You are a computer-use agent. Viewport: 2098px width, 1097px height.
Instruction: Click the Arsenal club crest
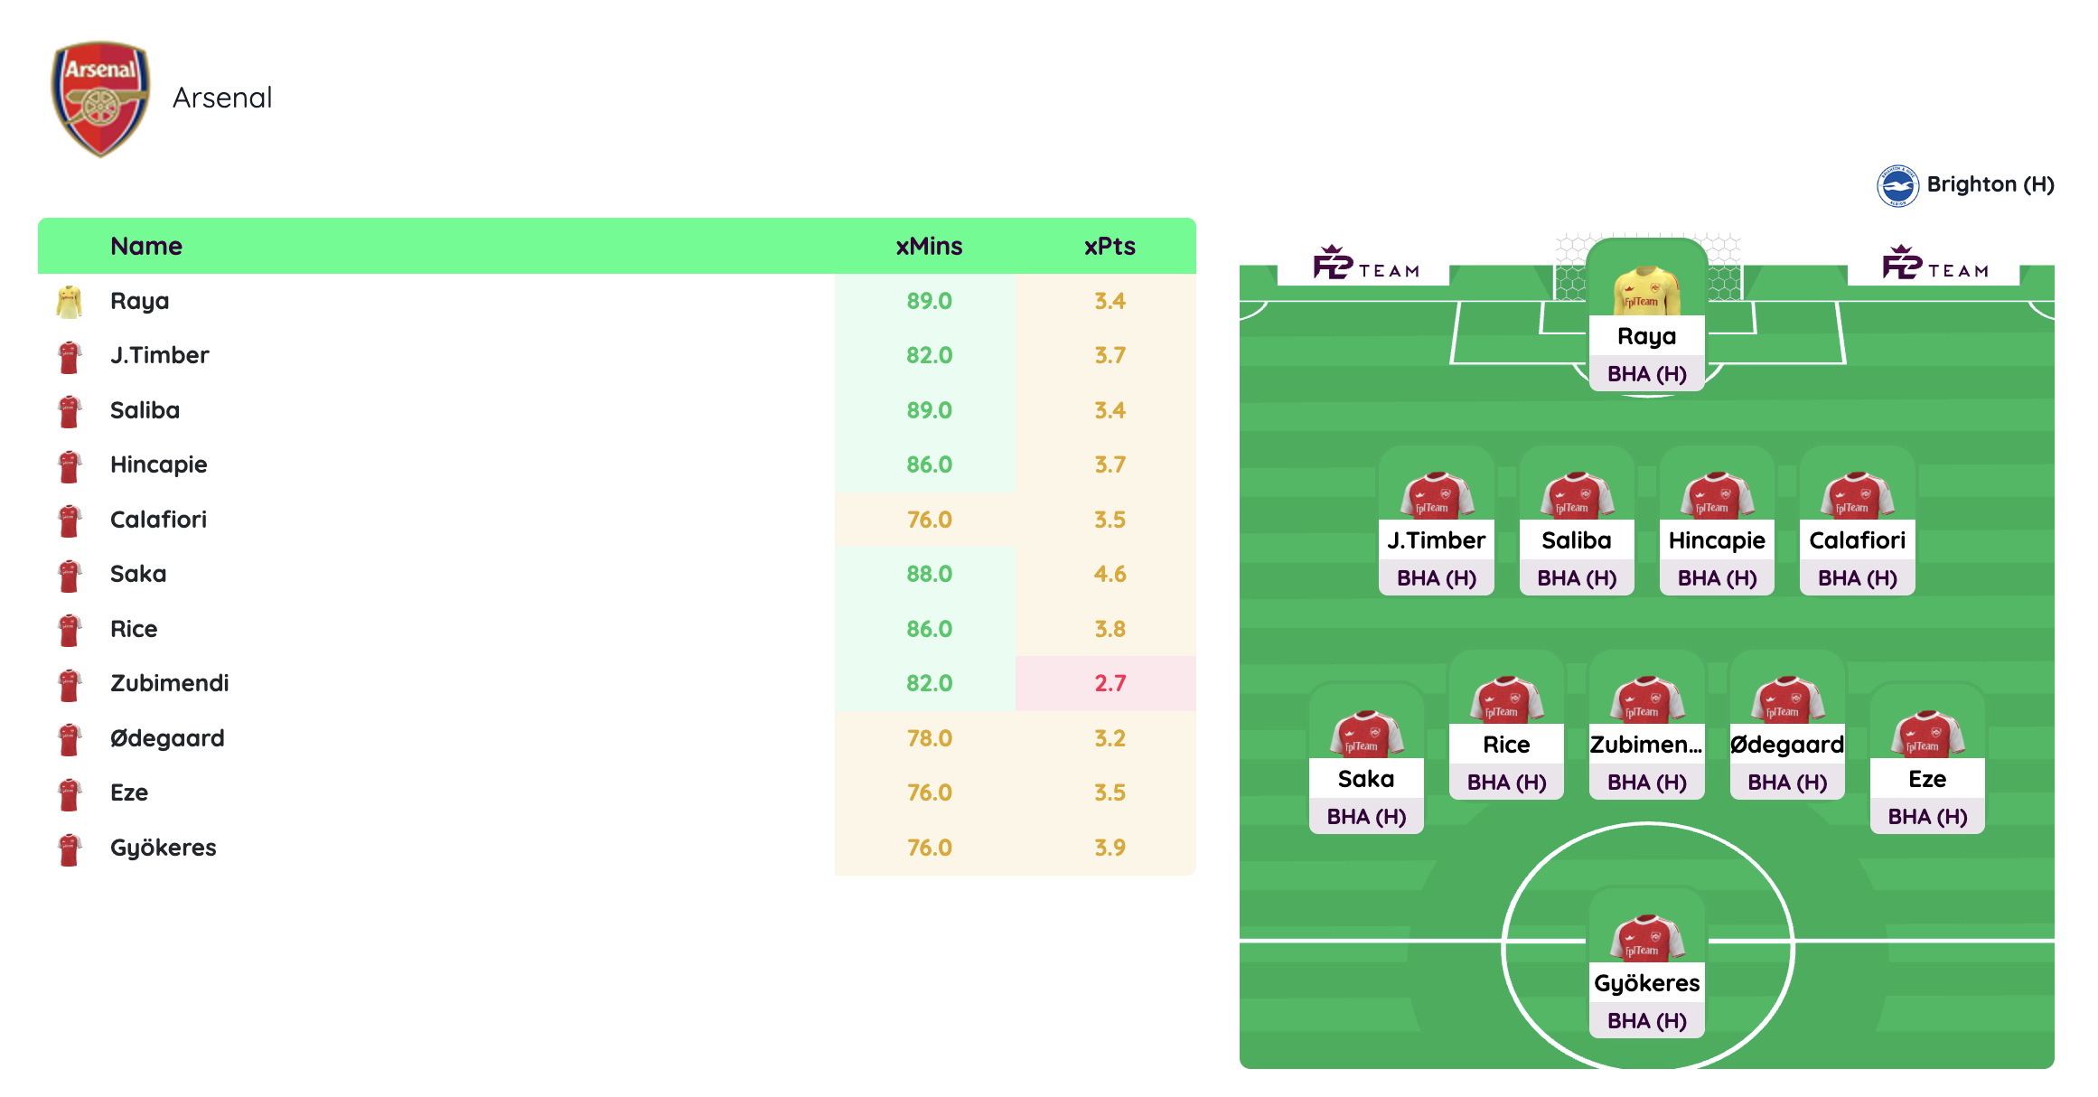click(x=100, y=98)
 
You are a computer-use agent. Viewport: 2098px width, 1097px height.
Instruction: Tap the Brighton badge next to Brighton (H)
click(x=1897, y=186)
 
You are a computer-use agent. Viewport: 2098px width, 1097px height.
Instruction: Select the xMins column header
click(x=929, y=246)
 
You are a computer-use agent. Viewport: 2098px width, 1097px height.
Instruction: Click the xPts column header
click(x=1110, y=246)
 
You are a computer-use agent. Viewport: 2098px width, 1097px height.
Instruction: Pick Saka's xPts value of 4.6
click(x=1110, y=574)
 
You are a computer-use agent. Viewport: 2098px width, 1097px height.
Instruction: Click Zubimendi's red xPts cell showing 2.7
click(x=1110, y=683)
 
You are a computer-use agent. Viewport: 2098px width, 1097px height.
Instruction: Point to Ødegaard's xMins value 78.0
click(x=929, y=738)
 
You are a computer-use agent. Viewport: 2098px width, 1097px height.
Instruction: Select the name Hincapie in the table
click(x=159, y=464)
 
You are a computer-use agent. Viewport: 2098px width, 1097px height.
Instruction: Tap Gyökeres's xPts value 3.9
click(x=1110, y=848)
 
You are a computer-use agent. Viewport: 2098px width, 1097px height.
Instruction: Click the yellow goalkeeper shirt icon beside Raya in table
click(x=70, y=302)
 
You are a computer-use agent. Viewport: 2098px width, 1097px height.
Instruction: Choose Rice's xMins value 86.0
click(x=929, y=629)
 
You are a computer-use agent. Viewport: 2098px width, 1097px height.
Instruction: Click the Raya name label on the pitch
click(x=1646, y=336)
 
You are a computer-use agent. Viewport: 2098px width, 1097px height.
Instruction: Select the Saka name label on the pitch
click(x=1366, y=779)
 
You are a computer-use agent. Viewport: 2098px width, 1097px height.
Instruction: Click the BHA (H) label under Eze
click(x=1927, y=817)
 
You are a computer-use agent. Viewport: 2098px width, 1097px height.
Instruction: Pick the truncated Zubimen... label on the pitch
click(x=1646, y=745)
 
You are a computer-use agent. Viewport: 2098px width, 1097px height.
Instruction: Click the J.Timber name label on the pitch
click(x=1436, y=540)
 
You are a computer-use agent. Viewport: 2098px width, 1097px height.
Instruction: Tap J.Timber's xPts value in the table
click(x=1110, y=355)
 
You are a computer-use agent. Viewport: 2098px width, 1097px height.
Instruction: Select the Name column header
click(x=146, y=246)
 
